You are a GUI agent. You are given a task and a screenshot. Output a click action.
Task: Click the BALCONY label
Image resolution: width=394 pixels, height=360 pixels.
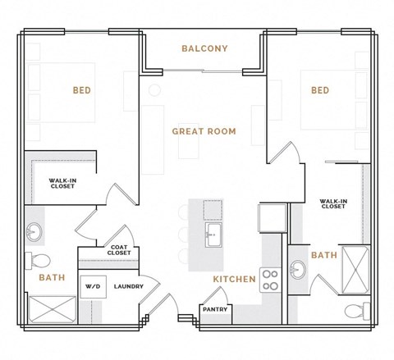click(204, 48)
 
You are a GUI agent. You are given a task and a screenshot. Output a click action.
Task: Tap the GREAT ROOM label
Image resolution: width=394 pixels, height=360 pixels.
click(204, 131)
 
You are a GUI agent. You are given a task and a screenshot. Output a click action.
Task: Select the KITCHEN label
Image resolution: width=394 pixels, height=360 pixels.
click(235, 280)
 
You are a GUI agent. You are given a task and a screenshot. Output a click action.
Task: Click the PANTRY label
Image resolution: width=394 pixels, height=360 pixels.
click(216, 311)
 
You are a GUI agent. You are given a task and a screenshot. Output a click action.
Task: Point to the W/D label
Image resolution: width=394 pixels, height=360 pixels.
click(92, 286)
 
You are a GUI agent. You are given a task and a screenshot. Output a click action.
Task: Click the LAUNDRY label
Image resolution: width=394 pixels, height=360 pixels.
click(129, 286)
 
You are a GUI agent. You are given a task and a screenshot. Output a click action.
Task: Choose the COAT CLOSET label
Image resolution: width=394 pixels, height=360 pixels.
click(119, 251)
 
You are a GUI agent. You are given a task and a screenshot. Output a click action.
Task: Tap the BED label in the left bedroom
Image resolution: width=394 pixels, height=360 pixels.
click(81, 90)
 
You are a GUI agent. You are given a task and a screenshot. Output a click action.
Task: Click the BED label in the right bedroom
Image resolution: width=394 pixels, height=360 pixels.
click(319, 90)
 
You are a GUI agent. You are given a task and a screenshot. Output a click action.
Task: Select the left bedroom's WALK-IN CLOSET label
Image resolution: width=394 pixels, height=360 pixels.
click(62, 185)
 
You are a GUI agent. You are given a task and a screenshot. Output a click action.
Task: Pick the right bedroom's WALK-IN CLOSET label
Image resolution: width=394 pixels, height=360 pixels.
click(332, 203)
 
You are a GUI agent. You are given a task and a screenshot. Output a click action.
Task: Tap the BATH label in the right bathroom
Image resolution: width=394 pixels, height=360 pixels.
click(324, 256)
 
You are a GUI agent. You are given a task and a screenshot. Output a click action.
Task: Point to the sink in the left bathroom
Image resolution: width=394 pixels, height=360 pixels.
click(35, 231)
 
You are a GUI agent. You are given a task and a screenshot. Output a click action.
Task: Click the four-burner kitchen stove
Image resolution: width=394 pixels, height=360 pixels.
click(269, 279)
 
